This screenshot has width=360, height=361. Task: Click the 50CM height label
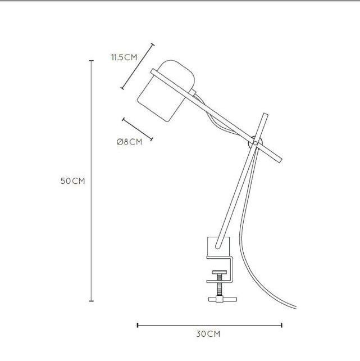click(72, 181)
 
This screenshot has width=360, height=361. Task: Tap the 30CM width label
click(208, 334)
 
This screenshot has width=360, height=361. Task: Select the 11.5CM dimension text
click(124, 57)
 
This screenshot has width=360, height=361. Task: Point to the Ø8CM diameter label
click(129, 142)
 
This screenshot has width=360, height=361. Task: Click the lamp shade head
click(166, 91)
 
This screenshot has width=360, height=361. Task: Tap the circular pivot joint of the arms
click(255, 143)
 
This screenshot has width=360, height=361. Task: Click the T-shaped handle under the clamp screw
click(222, 299)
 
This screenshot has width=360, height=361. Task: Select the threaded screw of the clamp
click(220, 285)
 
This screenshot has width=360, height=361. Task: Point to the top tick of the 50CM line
click(92, 61)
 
